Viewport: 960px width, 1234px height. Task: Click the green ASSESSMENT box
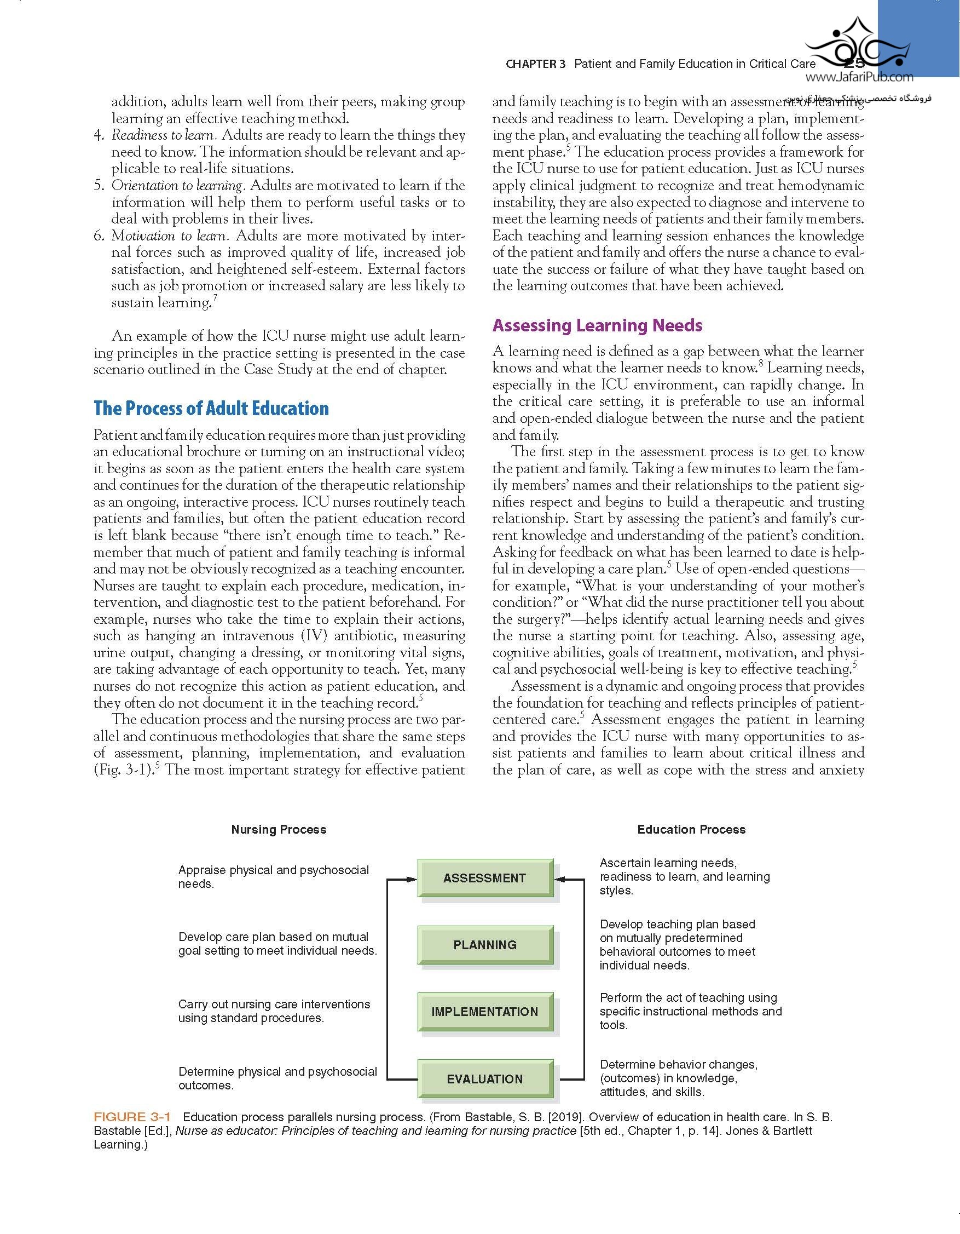[484, 877]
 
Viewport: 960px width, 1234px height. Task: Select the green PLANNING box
[484, 945]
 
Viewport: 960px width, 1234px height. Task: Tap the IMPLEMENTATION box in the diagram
[484, 1012]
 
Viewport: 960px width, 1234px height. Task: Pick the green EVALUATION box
[484, 1078]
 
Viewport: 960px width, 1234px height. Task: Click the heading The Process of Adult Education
[211, 409]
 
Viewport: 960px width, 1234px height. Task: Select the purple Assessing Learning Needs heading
[598, 325]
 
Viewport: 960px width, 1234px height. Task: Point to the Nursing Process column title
[279, 829]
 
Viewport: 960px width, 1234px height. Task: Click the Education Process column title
[691, 829]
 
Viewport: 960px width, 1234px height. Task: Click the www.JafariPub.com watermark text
[863, 77]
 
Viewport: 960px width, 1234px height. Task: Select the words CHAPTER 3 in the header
[535, 64]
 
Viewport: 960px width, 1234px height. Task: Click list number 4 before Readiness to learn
[100, 136]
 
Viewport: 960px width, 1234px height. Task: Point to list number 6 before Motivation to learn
[100, 236]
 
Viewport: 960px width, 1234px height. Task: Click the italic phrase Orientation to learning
[177, 186]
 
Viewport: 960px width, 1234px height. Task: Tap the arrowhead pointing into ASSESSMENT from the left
[412, 879]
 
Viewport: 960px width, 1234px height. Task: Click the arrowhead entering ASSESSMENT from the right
[559, 879]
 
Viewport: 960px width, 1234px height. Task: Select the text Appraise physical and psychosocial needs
[273, 876]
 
